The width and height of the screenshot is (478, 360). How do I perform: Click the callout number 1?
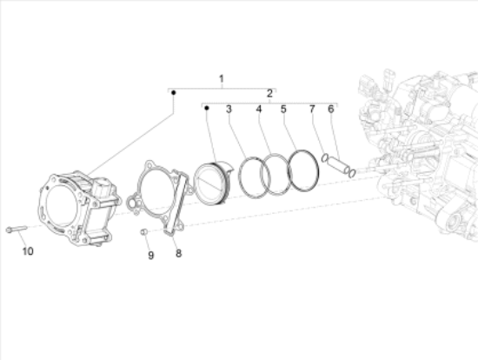pyautogui.click(x=222, y=79)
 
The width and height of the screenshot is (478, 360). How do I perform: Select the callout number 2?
pyautogui.click(x=269, y=94)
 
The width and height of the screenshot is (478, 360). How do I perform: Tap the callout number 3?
pyautogui.click(x=229, y=110)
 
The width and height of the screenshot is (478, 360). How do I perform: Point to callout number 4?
pyautogui.click(x=259, y=109)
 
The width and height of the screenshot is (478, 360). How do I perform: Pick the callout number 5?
pyautogui.click(x=283, y=109)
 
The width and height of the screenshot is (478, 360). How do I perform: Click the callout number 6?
pyautogui.click(x=331, y=109)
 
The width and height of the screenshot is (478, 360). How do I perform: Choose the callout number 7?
pyautogui.click(x=312, y=109)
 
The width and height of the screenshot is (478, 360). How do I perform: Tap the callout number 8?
pyautogui.click(x=178, y=253)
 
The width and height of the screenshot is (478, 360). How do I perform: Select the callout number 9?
pyautogui.click(x=151, y=256)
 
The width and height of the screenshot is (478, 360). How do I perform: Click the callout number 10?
pyautogui.click(x=28, y=251)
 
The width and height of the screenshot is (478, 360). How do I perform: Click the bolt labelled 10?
pyautogui.click(x=17, y=229)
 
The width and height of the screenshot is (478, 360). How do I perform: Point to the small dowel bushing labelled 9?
pyautogui.click(x=144, y=232)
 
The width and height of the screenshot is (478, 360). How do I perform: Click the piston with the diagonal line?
pyautogui.click(x=213, y=183)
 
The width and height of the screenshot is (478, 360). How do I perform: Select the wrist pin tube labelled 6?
pyautogui.click(x=338, y=165)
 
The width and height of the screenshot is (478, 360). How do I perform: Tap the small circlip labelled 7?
pyautogui.click(x=325, y=158)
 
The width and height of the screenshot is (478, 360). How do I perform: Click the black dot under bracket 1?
pyautogui.click(x=174, y=92)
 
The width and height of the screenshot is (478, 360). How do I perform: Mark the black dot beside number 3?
pyautogui.click(x=207, y=108)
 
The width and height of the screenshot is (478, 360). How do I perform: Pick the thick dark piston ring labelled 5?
pyautogui.click(x=303, y=170)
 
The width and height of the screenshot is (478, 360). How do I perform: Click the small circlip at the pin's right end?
pyautogui.click(x=352, y=174)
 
